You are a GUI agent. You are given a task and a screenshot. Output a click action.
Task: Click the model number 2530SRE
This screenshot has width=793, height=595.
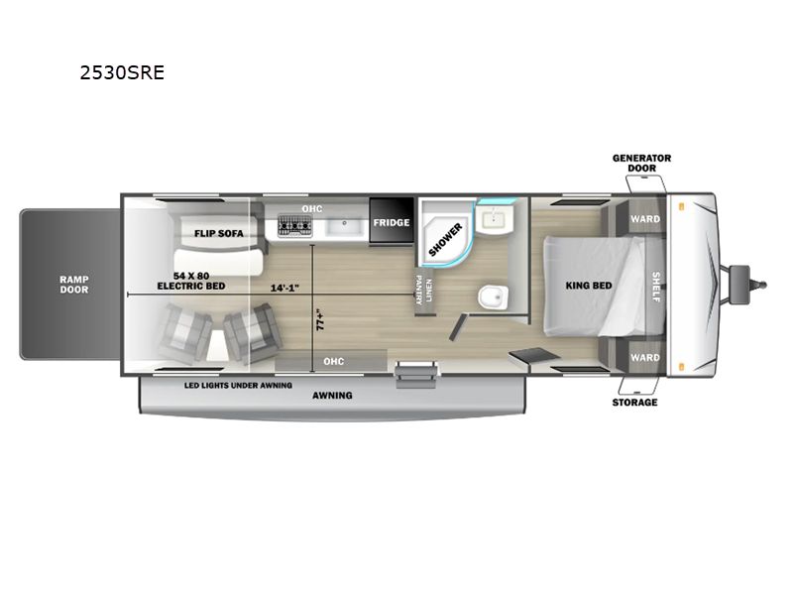[x=122, y=72]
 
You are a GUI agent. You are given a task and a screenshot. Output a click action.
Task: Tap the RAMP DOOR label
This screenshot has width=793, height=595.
[x=73, y=285]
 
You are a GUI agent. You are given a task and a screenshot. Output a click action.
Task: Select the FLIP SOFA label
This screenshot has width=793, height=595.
[x=218, y=233]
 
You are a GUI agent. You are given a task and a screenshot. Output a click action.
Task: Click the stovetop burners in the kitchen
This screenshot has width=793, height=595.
[x=294, y=226]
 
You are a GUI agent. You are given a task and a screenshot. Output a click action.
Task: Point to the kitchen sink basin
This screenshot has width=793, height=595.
[x=344, y=227]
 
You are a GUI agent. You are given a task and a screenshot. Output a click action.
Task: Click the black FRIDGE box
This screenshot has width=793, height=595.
[x=392, y=221]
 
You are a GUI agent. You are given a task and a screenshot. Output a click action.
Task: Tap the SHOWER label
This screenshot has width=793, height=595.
[x=445, y=239]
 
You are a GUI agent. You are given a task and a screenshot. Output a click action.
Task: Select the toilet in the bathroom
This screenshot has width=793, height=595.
[x=493, y=297]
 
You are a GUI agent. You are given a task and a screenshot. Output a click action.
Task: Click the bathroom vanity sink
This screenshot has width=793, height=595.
[x=494, y=220]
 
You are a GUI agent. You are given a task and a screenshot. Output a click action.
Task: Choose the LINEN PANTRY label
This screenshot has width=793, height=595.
[x=424, y=290]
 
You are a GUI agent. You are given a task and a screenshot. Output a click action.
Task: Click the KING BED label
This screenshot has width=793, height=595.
[x=588, y=286]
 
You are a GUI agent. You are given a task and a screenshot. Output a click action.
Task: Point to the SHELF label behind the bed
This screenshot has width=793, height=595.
[x=655, y=287]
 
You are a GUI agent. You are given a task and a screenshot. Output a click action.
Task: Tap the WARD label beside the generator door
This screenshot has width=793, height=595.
[x=645, y=219]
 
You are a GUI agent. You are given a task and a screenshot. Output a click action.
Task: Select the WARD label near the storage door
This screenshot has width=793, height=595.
[x=645, y=357]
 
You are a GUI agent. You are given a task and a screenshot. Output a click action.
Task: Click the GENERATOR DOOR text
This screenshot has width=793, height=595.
[x=641, y=163]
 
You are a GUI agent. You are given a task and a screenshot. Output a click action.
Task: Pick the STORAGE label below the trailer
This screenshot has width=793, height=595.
[x=634, y=403]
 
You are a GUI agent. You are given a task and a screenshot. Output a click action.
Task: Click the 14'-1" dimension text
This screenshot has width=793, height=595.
[x=284, y=288]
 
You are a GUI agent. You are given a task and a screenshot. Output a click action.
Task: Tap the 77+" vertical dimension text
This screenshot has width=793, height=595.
[x=320, y=319]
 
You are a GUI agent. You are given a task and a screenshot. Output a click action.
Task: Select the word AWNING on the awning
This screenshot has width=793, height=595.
[x=332, y=395]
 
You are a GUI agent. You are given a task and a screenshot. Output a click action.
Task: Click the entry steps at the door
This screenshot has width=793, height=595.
[x=415, y=375]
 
